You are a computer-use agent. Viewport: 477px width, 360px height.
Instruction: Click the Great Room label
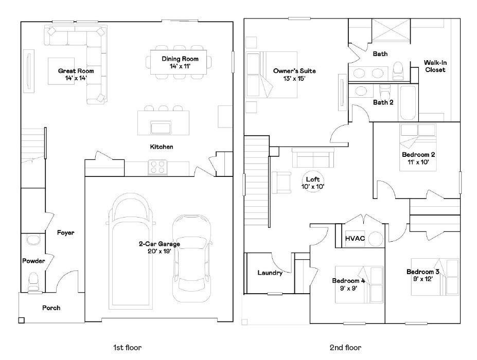pyautogui.click(x=76, y=71)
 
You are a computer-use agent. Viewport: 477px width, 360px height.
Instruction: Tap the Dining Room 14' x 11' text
pyautogui.click(x=180, y=62)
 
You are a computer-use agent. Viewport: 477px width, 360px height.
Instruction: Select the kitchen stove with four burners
pyautogui.click(x=157, y=167)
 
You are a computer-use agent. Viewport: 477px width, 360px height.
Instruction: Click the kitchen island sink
pyautogui.click(x=161, y=128)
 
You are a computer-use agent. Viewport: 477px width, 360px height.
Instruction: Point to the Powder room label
pyautogui.click(x=33, y=261)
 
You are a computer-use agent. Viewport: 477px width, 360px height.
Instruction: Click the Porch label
pyautogui.click(x=51, y=308)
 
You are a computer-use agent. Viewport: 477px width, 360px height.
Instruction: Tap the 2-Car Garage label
pyautogui.click(x=160, y=244)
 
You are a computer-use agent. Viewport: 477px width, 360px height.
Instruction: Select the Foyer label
pyautogui.click(x=66, y=232)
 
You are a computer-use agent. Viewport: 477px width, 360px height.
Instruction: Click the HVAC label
pyautogui.click(x=355, y=238)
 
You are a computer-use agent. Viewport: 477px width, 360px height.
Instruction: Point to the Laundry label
pyautogui.click(x=270, y=273)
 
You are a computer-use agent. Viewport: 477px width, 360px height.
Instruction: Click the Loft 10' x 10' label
pyautogui.click(x=313, y=183)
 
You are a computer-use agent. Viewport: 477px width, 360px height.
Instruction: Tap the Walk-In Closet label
pyautogui.click(x=435, y=66)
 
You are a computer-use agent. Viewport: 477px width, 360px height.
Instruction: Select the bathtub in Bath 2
pyautogui.click(x=408, y=103)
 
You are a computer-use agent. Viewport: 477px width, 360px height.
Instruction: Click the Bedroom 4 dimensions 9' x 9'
pyautogui.click(x=348, y=288)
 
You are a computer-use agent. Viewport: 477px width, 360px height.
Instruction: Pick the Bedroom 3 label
pyautogui.click(x=423, y=272)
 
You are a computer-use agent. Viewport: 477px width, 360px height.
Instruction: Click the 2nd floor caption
pyautogui.click(x=346, y=348)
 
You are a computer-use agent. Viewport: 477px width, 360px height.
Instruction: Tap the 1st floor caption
pyautogui.click(x=127, y=348)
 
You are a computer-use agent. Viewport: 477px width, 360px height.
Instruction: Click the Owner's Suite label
pyautogui.click(x=294, y=71)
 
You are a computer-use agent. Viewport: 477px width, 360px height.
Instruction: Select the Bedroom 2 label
pyautogui.click(x=418, y=154)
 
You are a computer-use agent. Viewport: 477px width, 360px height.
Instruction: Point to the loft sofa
pyautogui.click(x=313, y=158)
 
